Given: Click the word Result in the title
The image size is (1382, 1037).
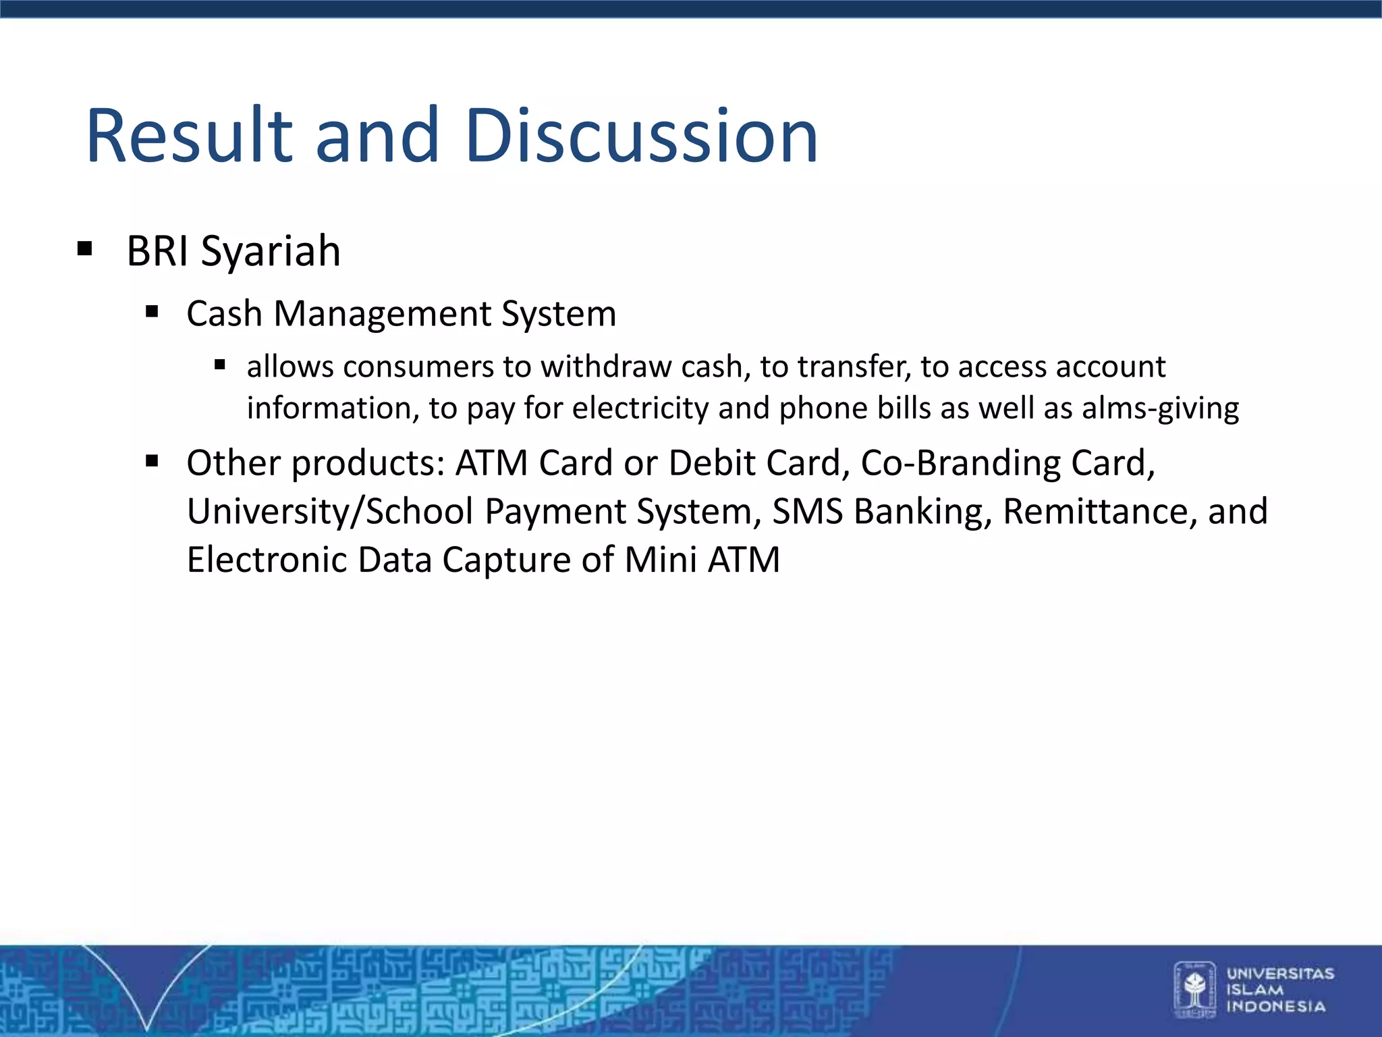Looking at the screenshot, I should coord(190,136).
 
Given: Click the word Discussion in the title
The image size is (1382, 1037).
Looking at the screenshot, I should coord(641,136).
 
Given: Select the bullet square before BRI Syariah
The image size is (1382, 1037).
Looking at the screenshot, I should coord(84,248).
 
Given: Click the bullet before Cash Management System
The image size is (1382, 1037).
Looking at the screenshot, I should coord(152,312).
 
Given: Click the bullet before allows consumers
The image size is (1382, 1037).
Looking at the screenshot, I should coord(219,365).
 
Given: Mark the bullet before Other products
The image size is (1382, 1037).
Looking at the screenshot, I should coord(152,461).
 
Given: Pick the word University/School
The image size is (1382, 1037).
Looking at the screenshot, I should coord(330,512).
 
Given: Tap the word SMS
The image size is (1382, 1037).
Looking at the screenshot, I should coord(807,512).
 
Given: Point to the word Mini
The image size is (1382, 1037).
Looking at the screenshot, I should coord(660,560).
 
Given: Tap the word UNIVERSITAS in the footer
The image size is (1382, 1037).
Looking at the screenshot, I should coord(1280,974).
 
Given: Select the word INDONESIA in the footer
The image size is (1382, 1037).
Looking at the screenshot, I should coord(1275,1007).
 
